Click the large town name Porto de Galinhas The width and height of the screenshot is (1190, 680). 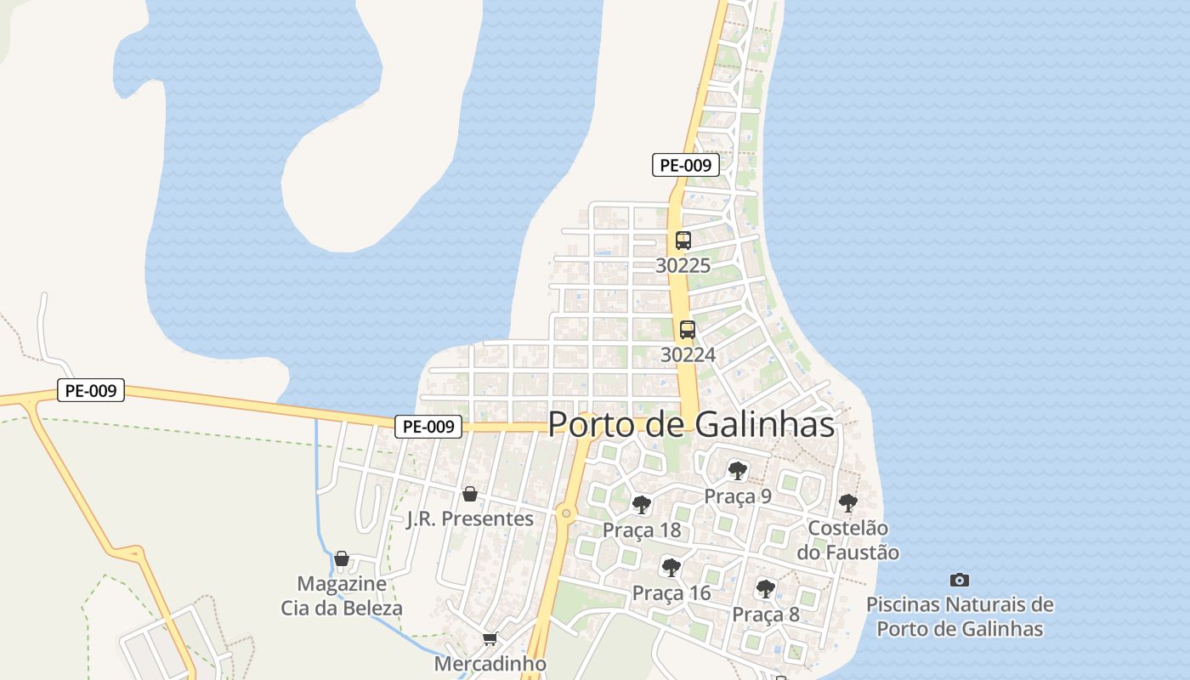coord(691,424)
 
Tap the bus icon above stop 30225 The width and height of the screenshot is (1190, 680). coord(683,241)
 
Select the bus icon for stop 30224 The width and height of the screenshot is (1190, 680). coord(688,330)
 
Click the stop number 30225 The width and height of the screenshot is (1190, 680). coord(683,266)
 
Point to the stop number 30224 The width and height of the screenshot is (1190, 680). coord(688,354)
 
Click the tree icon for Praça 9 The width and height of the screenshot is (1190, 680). coord(737,470)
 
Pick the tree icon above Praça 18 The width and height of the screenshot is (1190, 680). coord(642,505)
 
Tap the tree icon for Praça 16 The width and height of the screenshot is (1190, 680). coord(671,567)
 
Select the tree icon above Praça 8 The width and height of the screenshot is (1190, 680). coord(766,588)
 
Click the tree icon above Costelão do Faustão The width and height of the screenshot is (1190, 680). coord(847,502)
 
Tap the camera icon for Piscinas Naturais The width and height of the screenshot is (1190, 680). coord(960,580)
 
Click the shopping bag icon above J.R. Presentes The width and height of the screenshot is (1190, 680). coord(469,494)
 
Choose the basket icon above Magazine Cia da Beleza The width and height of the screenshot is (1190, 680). coord(342,558)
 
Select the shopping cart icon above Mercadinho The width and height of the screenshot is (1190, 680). coord(490,638)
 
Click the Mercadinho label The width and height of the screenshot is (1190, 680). coord(490,663)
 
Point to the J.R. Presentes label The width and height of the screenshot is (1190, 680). coord(470,518)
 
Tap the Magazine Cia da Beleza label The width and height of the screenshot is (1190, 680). coord(342,596)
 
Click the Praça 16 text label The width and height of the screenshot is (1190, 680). coord(671,592)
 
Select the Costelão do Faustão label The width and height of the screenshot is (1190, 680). coord(847,540)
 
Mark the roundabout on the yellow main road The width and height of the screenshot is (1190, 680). coord(566,513)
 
